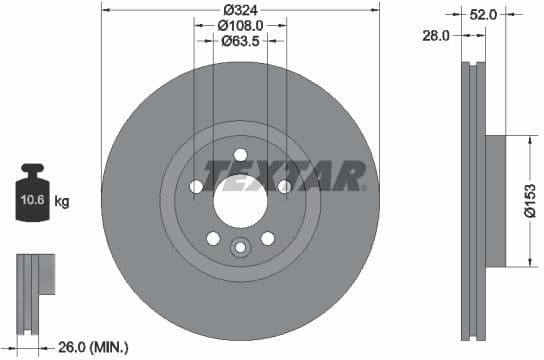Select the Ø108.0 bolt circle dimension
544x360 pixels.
tap(240, 26)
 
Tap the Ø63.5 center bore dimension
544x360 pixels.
tap(240, 42)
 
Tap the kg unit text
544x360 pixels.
tap(62, 202)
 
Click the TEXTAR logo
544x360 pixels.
tap(285, 176)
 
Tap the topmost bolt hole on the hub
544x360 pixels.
tap(240, 153)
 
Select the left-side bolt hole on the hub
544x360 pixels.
tap(196, 187)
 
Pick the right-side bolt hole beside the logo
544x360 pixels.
tap(284, 186)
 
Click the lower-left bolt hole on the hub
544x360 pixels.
tap(213, 238)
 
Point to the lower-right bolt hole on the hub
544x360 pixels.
tap(267, 238)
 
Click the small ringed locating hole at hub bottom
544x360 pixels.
tap(240, 248)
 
